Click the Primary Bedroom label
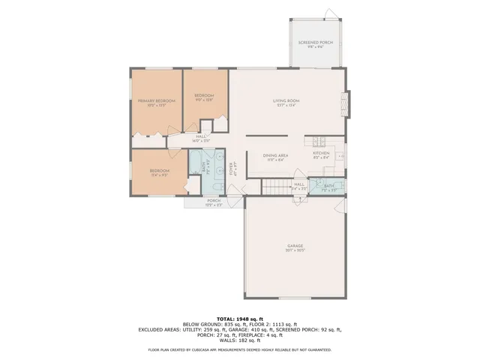[x=156, y=100]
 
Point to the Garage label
[x=294, y=246]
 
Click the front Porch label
[x=214, y=201]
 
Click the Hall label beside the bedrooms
[x=201, y=137]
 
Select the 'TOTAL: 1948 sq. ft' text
[x=240, y=318]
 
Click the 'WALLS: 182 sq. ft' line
[x=240, y=340]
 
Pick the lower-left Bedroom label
[x=160, y=171]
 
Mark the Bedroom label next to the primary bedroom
[x=204, y=96]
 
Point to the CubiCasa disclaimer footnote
[x=240, y=349]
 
